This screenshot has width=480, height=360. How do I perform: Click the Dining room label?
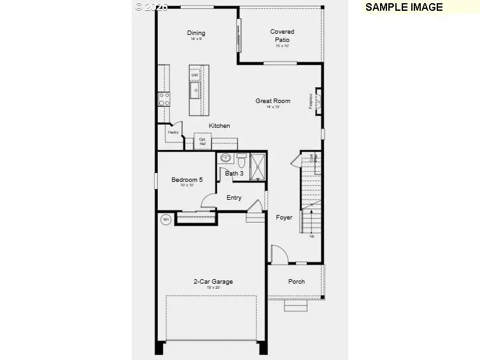pyautogui.click(x=196, y=33)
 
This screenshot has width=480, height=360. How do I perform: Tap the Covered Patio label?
pyautogui.click(x=282, y=36)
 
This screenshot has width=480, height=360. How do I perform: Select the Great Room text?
pyautogui.click(x=273, y=100)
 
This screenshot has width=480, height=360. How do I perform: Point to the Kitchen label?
pyautogui.click(x=220, y=126)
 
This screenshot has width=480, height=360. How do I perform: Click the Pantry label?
pyautogui.click(x=173, y=132)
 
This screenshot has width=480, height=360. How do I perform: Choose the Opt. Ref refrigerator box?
pyautogui.click(x=202, y=141)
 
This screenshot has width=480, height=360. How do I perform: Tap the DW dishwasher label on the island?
pyautogui.click(x=195, y=76)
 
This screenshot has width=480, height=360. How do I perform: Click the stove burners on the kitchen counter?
pyautogui.click(x=164, y=99)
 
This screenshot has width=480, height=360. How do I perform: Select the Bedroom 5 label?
pyautogui.click(x=187, y=180)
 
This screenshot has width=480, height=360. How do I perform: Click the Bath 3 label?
pyautogui.click(x=234, y=173)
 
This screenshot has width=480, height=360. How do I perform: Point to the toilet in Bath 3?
pyautogui.click(x=241, y=158)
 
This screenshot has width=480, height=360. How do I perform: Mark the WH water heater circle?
pyautogui.click(x=166, y=219)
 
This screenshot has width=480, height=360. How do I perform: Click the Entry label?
pyautogui.click(x=234, y=198)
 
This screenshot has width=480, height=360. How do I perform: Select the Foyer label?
pyautogui.click(x=284, y=218)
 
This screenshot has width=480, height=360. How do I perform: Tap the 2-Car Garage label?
pyautogui.click(x=213, y=282)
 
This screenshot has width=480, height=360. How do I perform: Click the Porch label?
pyautogui.click(x=297, y=282)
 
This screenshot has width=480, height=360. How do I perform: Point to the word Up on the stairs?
pyautogui.click(x=311, y=236)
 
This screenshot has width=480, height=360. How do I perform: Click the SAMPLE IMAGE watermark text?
pyautogui.click(x=404, y=7)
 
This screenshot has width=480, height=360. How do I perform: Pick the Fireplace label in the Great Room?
pyautogui.click(x=311, y=101)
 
